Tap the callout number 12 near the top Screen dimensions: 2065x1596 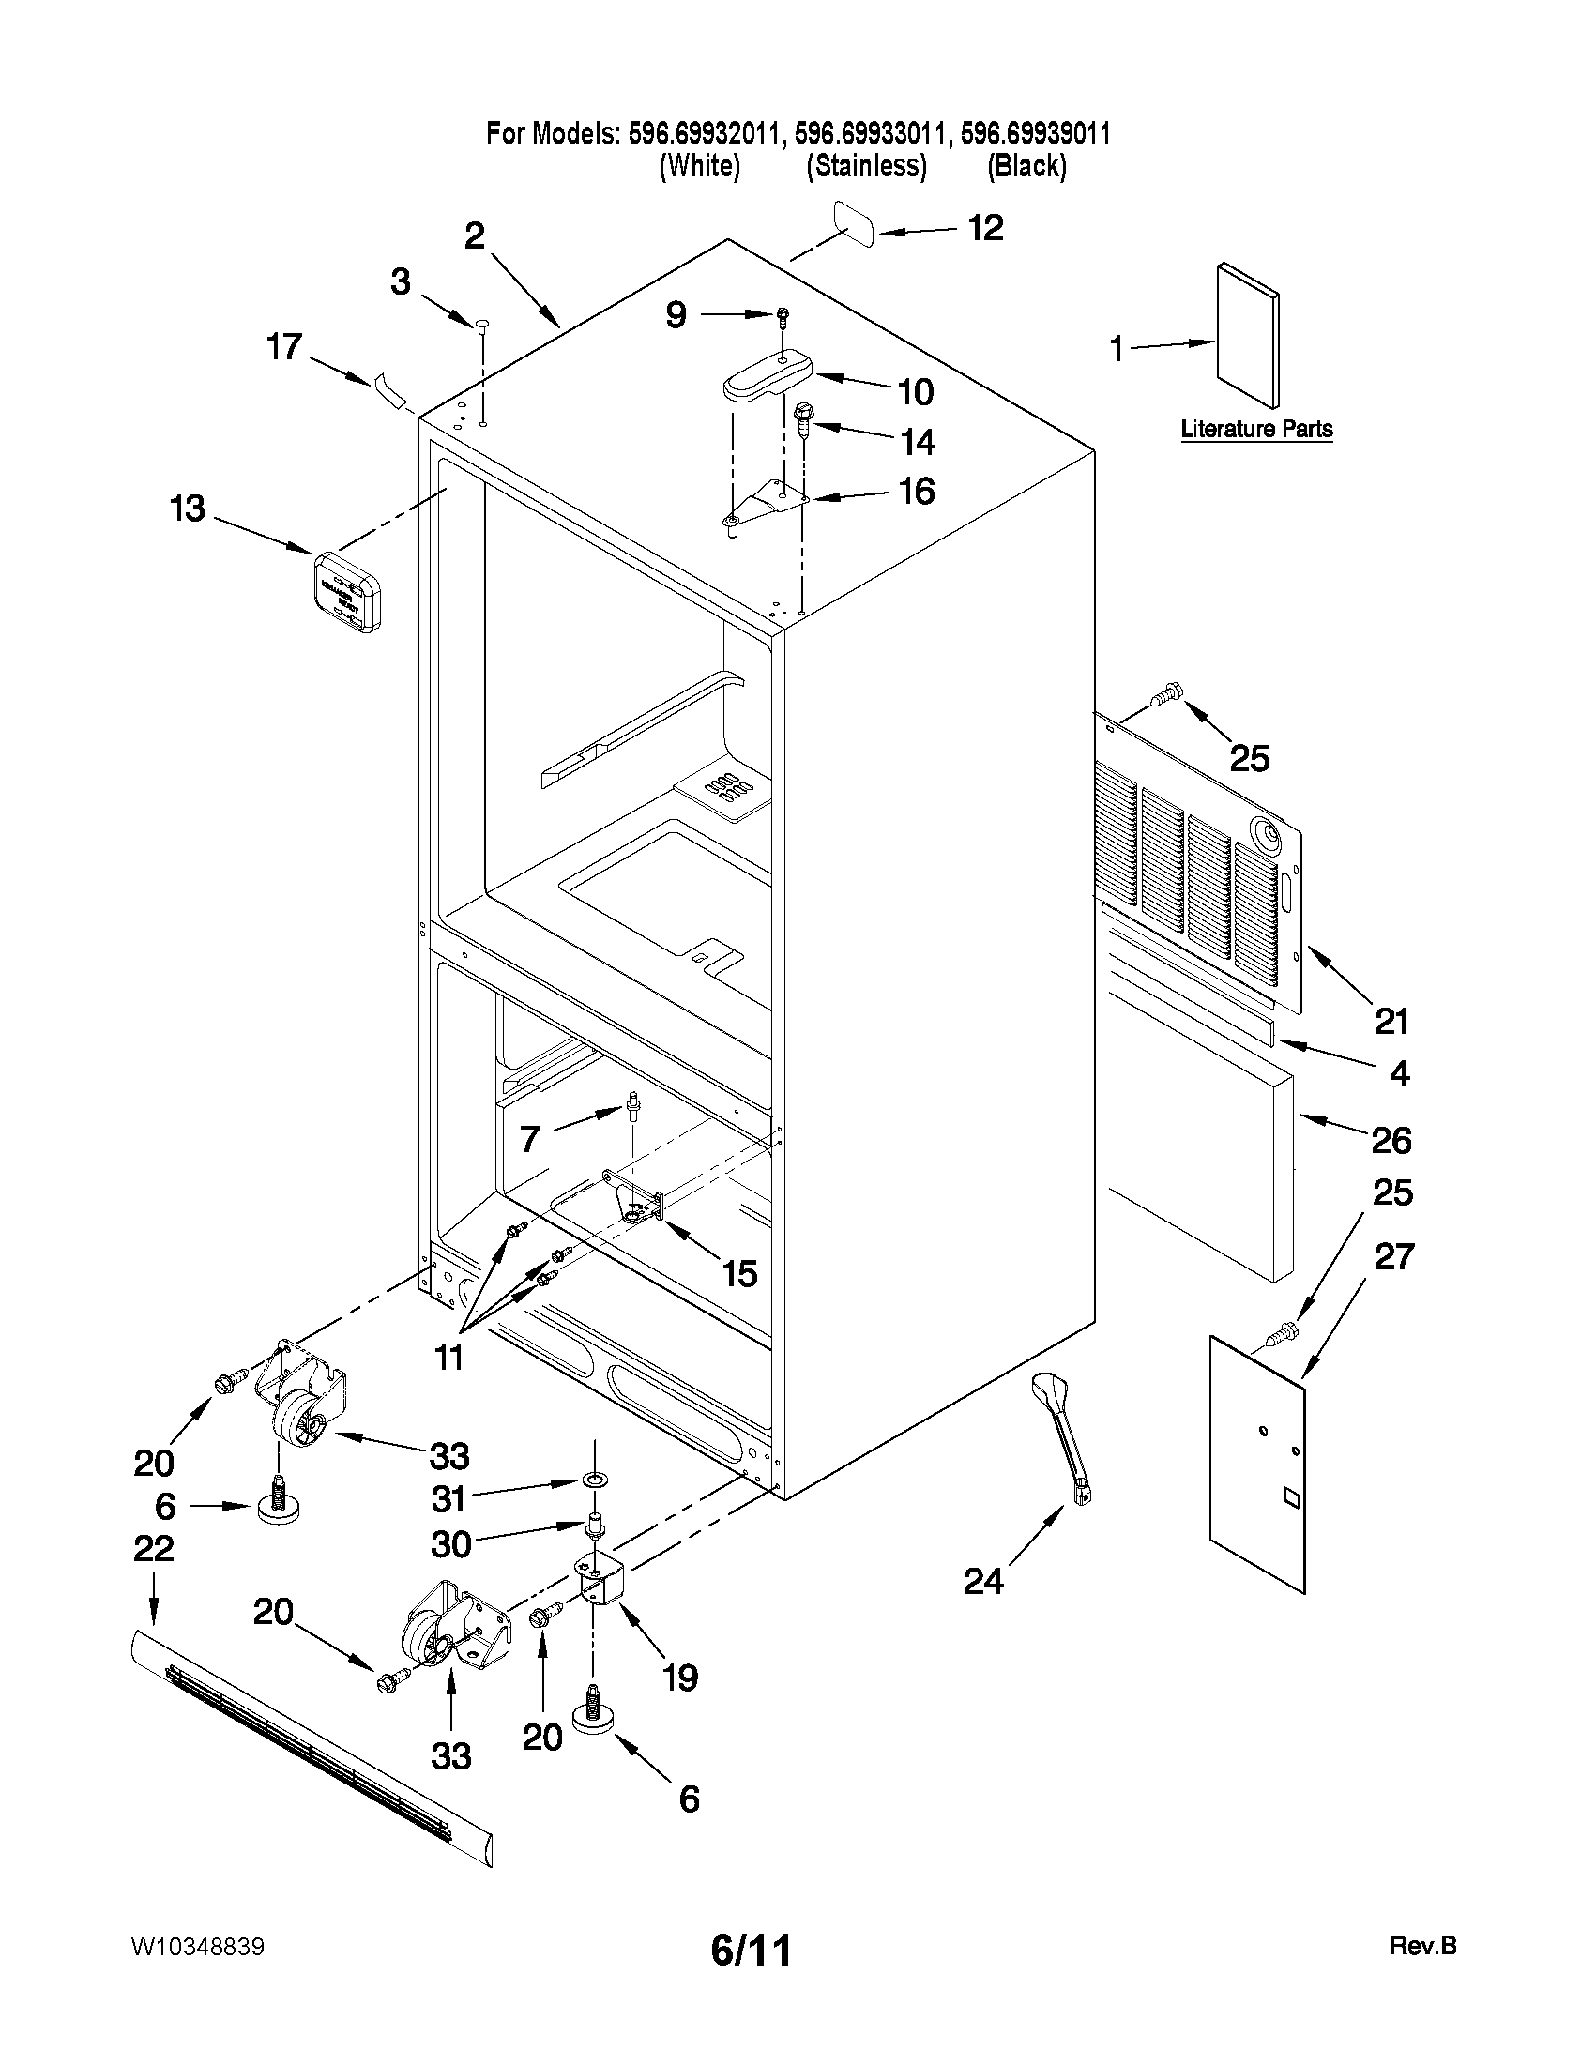[984, 228]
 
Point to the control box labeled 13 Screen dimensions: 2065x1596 [347, 591]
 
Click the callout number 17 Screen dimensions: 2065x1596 [283, 348]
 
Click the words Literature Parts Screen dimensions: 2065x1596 [1256, 430]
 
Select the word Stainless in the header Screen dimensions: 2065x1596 [866, 166]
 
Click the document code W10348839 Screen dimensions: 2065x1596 [198, 1948]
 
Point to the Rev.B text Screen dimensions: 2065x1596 [1423, 1946]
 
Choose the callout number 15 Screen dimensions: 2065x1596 [738, 1273]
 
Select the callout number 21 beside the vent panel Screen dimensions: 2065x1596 [1391, 1021]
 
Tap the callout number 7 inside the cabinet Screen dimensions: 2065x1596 [529, 1138]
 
